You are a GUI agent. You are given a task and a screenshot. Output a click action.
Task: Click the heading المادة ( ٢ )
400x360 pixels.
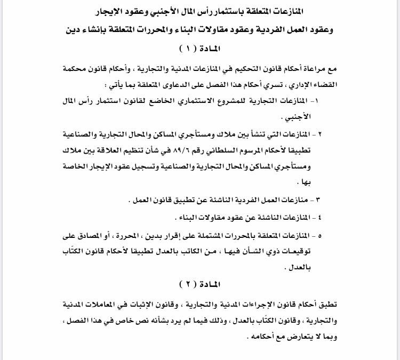[200, 283]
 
